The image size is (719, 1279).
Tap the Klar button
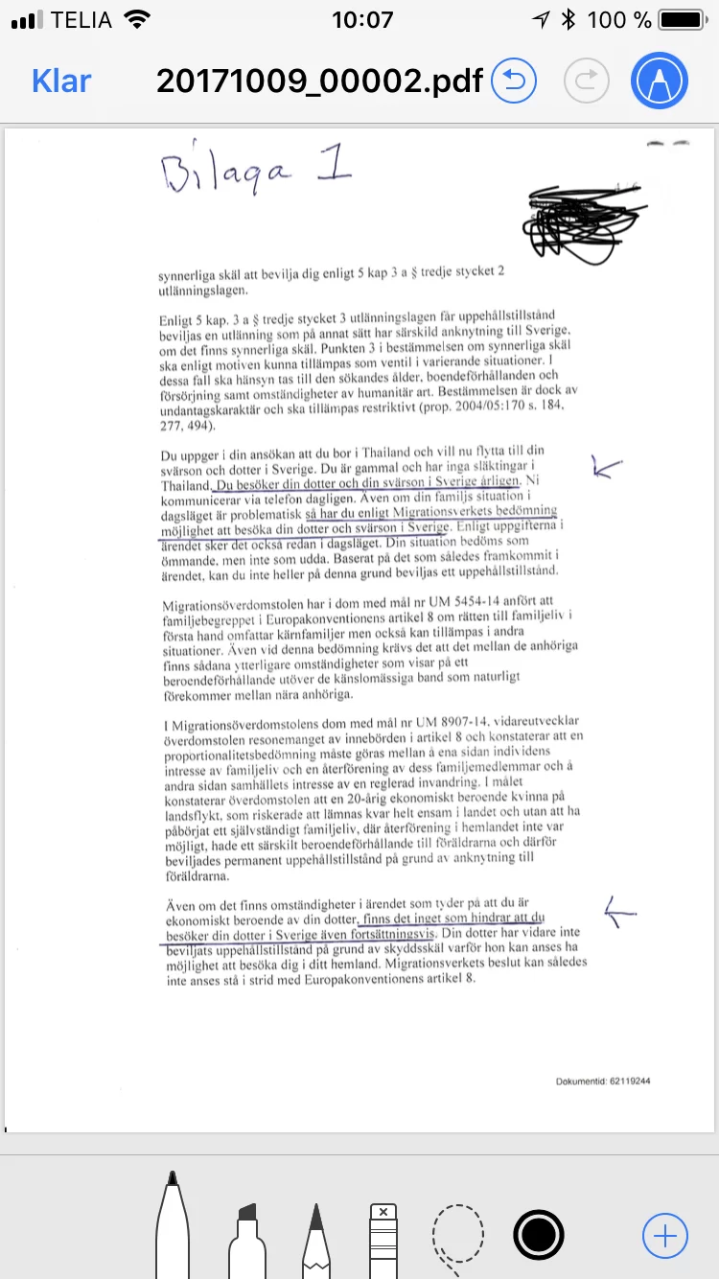(x=61, y=81)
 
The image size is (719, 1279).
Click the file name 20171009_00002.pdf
(x=319, y=81)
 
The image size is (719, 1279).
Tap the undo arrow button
(x=514, y=81)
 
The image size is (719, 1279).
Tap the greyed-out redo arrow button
(x=587, y=81)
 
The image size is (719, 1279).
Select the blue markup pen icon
(x=660, y=81)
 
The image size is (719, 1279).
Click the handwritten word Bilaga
(x=226, y=174)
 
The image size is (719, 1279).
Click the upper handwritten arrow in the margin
(x=607, y=468)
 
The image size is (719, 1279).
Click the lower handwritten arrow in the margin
(x=620, y=913)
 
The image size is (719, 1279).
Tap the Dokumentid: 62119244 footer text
(x=604, y=1081)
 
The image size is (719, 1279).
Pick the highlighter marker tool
(x=247, y=1237)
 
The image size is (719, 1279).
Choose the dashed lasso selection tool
(x=453, y=1237)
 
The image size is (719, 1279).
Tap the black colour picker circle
(x=538, y=1235)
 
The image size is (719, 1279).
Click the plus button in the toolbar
(x=664, y=1235)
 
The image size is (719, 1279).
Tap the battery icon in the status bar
(x=685, y=19)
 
